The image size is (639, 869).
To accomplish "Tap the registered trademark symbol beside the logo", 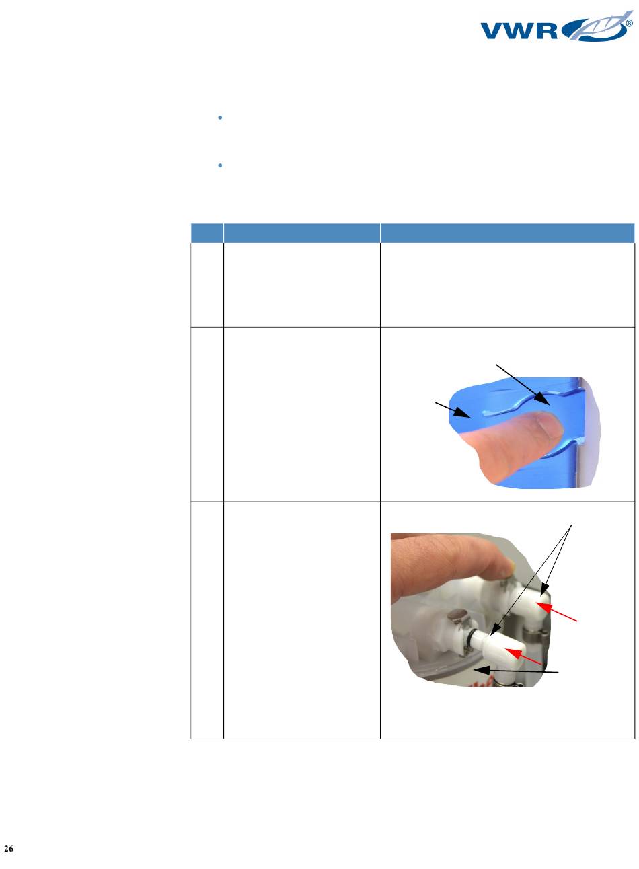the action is tap(630, 24).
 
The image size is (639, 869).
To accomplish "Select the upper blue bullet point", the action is tap(220, 118).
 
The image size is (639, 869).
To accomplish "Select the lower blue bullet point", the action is tap(220, 165).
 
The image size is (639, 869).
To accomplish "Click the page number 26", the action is tap(9, 848).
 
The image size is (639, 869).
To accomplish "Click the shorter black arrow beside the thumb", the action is tap(453, 410).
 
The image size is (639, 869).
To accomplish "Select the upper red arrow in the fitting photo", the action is tap(556, 612).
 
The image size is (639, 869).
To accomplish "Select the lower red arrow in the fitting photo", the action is tap(523, 656).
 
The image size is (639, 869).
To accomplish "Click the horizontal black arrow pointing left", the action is tap(516, 671).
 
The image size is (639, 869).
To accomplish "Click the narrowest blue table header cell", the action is tap(207, 233).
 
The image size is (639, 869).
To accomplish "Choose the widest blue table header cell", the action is tap(507, 233).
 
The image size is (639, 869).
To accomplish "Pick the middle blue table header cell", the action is tap(302, 233).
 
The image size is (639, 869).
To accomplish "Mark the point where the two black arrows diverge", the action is tap(571, 525).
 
